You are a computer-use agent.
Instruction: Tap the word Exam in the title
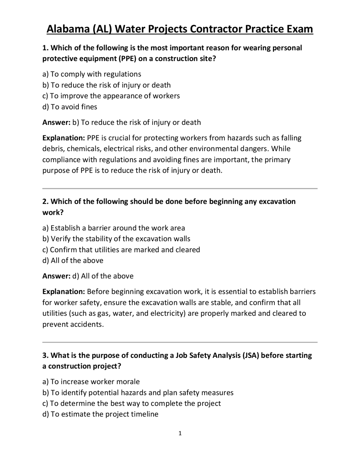point(300,29)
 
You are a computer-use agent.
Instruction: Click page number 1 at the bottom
point(180,433)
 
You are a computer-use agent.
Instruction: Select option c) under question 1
point(111,96)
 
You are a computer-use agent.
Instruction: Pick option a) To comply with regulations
point(92,74)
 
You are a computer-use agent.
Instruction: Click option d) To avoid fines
point(70,107)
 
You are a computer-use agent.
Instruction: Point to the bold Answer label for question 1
point(56,122)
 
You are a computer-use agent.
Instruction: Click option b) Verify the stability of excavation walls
point(116,239)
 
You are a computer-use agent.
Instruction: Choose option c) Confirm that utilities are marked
point(121,250)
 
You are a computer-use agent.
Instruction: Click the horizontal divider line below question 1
point(180,189)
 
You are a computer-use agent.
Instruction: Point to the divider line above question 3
point(180,342)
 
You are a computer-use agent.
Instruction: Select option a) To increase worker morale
point(91,382)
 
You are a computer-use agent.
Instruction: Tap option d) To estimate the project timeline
point(100,414)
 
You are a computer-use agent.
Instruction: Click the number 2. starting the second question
point(46,202)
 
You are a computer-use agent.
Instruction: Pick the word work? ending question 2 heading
point(53,213)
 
